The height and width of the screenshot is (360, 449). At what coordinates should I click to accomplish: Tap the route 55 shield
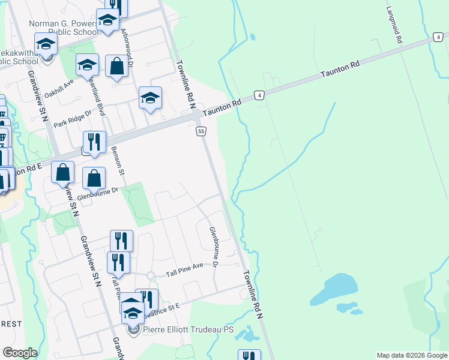tap(201, 131)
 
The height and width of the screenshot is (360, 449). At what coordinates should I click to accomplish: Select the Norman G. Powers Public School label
tap(62, 28)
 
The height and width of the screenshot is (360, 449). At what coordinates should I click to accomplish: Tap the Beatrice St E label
tap(162, 307)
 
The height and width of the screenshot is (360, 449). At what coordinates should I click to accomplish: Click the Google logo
tap(20, 353)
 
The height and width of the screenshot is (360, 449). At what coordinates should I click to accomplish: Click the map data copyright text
tap(412, 355)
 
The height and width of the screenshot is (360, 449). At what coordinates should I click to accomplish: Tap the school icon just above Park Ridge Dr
tap(150, 98)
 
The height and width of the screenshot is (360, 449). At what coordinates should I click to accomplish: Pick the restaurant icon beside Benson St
tap(94, 142)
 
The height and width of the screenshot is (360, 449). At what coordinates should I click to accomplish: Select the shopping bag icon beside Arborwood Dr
tap(117, 66)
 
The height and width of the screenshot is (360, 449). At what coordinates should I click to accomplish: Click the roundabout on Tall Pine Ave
tap(150, 275)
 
